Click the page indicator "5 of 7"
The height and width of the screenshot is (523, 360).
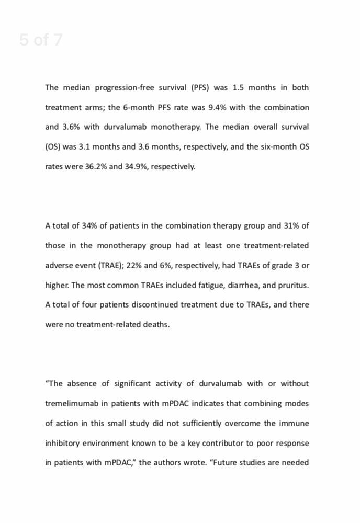click(41, 40)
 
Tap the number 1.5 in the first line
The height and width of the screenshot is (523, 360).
click(238, 88)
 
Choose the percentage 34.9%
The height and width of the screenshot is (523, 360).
click(136, 167)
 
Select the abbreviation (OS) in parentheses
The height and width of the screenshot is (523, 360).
click(53, 147)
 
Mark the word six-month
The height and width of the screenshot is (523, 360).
click(278, 147)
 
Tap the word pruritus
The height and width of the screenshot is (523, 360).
click(295, 286)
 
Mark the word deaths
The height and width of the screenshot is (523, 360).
click(156, 325)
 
